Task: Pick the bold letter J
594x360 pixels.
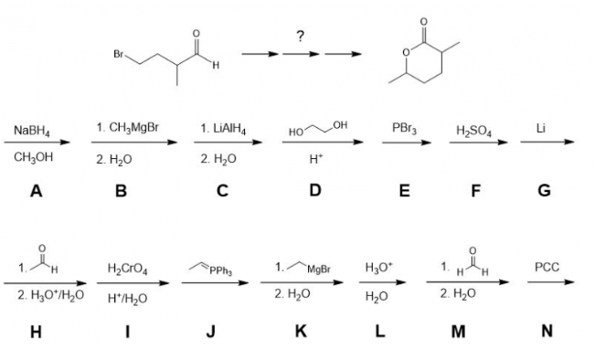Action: point(210,331)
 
